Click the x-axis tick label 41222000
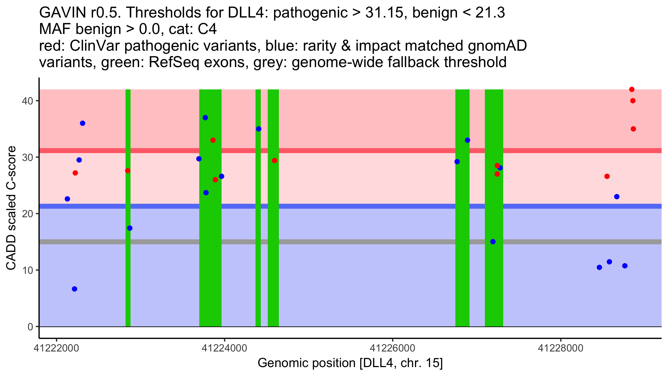point(57,348)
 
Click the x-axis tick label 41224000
point(224,348)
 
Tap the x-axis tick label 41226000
point(392,348)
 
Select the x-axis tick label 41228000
point(561,348)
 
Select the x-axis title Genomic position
point(350,363)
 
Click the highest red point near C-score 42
point(632,89)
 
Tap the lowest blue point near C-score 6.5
point(75,289)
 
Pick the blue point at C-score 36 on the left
point(83,123)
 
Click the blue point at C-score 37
point(205,118)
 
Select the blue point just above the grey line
point(493,241)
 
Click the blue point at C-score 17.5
point(130,228)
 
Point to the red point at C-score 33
point(213,140)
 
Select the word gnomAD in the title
point(497,46)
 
